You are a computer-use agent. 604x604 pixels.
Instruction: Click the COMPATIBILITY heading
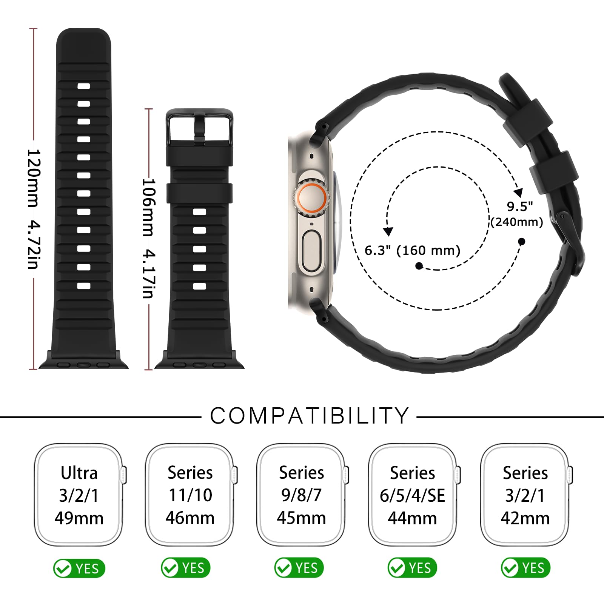tap(310, 416)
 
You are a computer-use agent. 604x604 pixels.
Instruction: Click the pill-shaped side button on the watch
tap(311, 251)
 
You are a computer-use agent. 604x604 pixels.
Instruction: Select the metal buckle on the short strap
tap(199, 127)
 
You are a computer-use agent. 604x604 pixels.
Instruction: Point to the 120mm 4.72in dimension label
tap(33, 209)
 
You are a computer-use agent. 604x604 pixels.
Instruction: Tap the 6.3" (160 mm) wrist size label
tap(412, 250)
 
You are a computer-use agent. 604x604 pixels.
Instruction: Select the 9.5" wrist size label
tap(520, 206)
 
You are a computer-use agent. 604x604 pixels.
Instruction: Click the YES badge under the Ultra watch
tap(79, 568)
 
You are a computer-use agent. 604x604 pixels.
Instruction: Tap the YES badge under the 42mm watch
tap(525, 567)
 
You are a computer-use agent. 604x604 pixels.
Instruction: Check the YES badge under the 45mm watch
tap(299, 567)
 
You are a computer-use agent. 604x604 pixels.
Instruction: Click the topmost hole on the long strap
tap(84, 86)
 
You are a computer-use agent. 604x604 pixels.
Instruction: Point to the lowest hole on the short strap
tap(200, 286)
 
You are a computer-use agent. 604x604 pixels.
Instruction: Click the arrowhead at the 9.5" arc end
tap(519, 193)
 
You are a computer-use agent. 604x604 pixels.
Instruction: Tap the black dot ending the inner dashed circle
tap(419, 266)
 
